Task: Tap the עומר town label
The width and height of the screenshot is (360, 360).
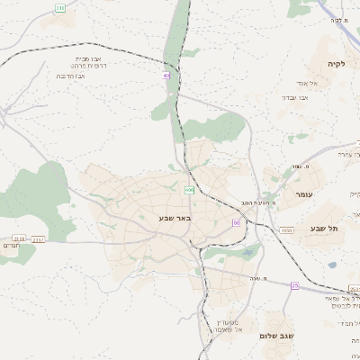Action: [x=301, y=194]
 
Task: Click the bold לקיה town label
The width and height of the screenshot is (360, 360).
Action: [x=335, y=64]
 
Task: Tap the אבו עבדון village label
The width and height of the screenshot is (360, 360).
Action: [x=294, y=96]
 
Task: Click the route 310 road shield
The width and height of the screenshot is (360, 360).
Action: [x=60, y=7]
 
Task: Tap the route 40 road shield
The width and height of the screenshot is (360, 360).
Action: [x=167, y=76]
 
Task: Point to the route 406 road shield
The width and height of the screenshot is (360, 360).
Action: [x=189, y=191]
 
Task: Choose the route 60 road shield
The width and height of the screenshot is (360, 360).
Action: [x=236, y=222]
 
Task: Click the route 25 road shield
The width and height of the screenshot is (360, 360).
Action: [x=294, y=285]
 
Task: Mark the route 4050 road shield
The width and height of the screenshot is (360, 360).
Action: [x=286, y=231]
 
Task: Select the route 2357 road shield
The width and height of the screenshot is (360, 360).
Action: [x=39, y=240]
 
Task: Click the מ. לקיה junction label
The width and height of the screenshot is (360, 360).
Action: [x=337, y=19]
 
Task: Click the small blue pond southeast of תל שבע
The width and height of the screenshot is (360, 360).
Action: [x=332, y=265]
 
